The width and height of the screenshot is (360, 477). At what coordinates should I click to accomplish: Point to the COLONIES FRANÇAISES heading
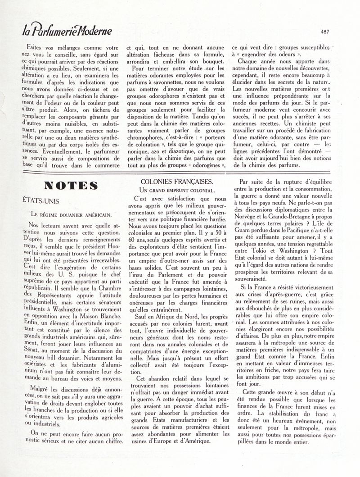[176, 182]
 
